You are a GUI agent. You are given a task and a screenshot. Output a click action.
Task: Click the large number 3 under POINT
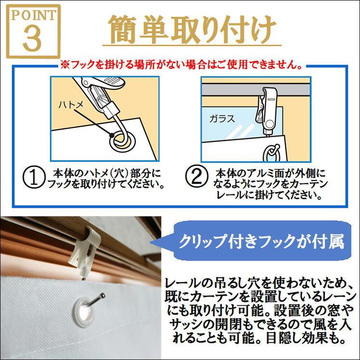[32, 38]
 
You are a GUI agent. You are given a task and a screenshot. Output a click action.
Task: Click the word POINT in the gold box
[33, 15]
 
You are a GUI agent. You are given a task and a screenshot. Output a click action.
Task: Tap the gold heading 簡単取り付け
[192, 29]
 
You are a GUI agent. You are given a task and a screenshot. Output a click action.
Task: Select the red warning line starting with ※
[181, 64]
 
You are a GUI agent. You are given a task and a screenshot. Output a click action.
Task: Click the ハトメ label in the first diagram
[71, 105]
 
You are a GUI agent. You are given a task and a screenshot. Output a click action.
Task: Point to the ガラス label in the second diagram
[222, 119]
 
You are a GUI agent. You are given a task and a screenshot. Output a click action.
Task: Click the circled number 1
[33, 177]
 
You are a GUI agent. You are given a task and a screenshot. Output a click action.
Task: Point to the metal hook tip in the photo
[103, 295]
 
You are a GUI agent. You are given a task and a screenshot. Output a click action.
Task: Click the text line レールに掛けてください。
[269, 195]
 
